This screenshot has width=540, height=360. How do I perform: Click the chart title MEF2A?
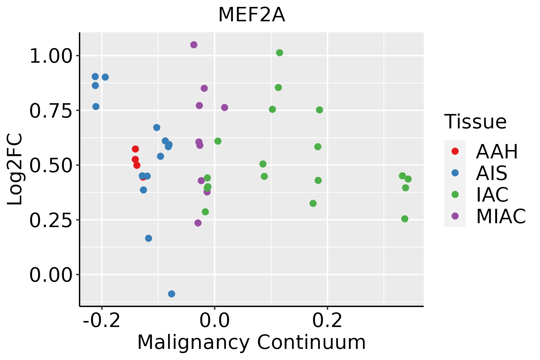click(251, 15)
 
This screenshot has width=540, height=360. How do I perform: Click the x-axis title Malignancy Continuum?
click(251, 342)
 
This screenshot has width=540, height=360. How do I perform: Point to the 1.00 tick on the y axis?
click(51, 56)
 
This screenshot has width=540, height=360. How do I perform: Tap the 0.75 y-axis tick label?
click(51, 111)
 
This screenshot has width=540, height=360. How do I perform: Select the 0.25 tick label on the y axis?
click(51, 220)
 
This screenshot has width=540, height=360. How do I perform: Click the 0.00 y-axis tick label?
click(51, 275)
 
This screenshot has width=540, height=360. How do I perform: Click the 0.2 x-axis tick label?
click(327, 320)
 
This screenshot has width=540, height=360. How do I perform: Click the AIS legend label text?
click(491, 173)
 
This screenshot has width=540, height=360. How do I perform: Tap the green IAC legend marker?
click(455, 194)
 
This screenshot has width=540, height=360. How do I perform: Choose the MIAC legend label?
click(501, 216)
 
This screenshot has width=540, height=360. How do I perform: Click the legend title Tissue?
click(475, 122)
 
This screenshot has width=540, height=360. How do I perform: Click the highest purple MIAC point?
click(194, 45)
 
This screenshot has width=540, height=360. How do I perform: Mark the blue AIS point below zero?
click(172, 294)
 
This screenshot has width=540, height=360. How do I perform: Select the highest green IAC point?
click(280, 53)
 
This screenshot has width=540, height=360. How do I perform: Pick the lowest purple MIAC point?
click(198, 223)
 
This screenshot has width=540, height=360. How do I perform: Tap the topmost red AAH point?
click(135, 149)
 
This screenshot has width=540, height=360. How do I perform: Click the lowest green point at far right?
click(405, 219)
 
